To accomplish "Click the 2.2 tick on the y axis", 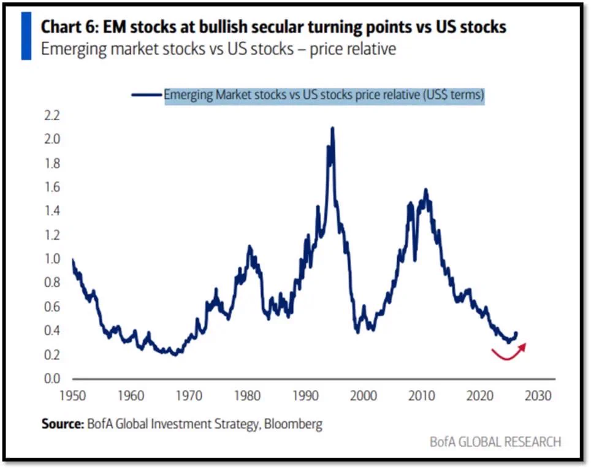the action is coord(52,115).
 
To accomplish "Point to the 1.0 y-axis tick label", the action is coord(52,259).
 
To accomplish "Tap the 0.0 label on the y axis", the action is coord(52,378).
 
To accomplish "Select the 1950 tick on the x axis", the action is coord(73,396).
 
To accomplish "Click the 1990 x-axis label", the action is coord(306,396).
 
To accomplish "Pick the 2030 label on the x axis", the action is coord(538,396).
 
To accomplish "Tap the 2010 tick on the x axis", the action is coord(422,396).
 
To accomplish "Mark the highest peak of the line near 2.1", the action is coord(332,128).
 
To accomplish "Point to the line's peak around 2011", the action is coord(426,189).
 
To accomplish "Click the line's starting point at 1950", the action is coord(73,260).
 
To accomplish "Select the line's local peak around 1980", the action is coord(250,246).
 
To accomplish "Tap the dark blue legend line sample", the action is coord(147,94).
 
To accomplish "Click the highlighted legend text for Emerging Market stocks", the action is coord(324,95).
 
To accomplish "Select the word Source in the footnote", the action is coord(62,424).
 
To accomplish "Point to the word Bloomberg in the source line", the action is coord(293,424).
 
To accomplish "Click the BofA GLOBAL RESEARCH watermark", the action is coord(495,442).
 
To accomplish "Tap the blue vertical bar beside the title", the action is coord(26,36).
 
